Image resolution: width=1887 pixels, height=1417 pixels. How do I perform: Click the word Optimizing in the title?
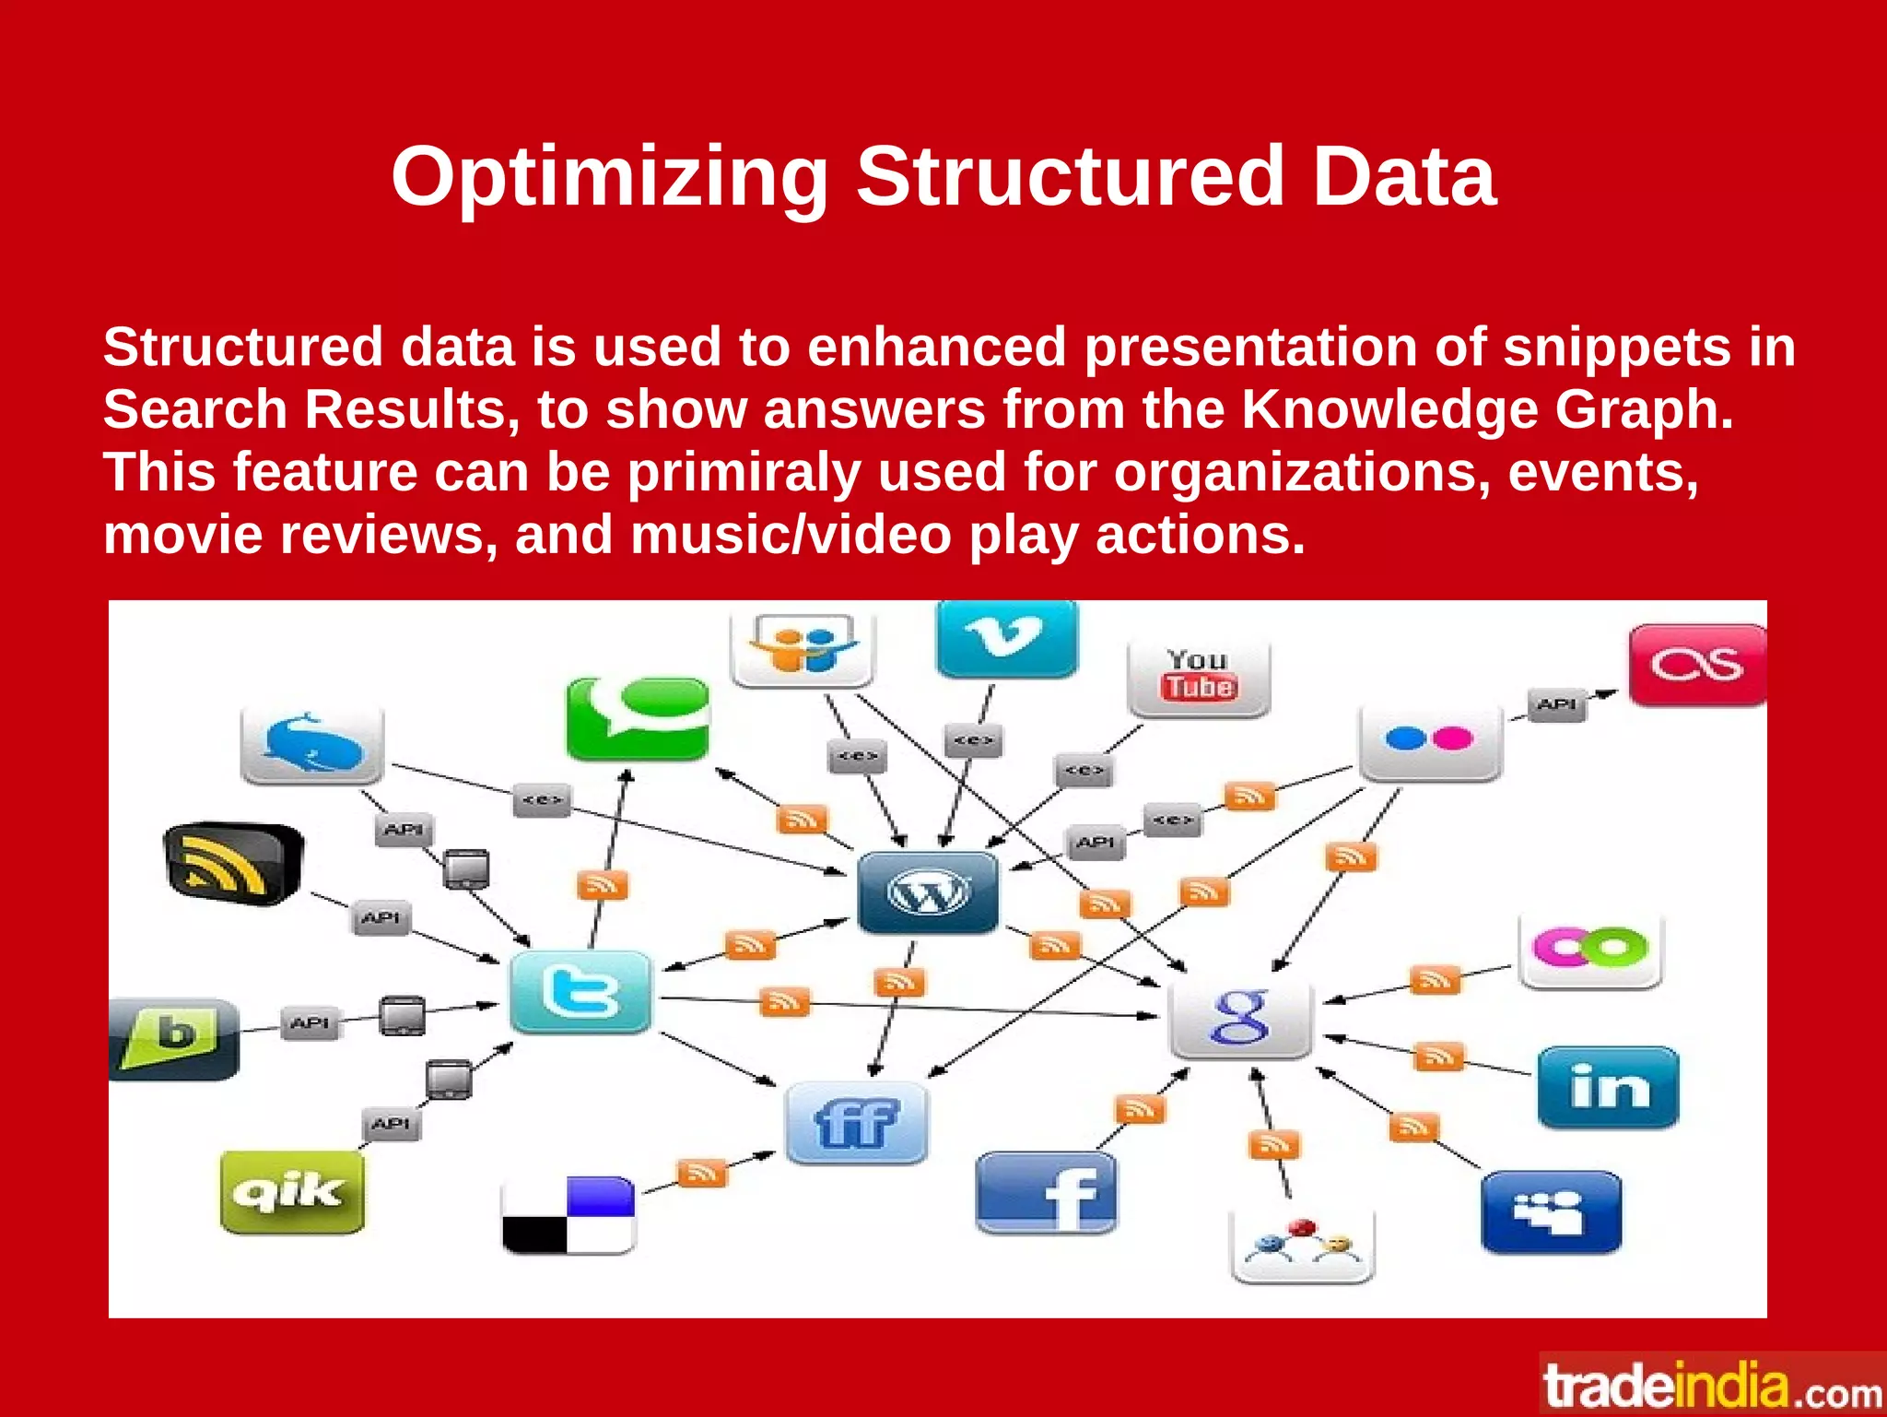click(x=609, y=178)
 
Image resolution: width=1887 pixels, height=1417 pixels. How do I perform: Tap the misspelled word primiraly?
click(x=744, y=472)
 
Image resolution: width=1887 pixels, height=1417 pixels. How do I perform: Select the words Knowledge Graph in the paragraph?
click(x=1486, y=409)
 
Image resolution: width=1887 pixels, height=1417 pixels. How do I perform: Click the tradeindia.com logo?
click(x=1713, y=1386)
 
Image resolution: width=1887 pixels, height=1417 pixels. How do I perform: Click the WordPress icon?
click(x=927, y=892)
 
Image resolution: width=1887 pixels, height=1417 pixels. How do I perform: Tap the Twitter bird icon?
click(x=580, y=993)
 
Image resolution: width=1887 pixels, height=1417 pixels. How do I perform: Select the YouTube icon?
click(x=1198, y=677)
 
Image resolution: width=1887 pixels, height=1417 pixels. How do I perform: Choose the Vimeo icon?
click(x=1006, y=638)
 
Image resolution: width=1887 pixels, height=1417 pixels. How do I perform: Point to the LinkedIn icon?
click(x=1608, y=1087)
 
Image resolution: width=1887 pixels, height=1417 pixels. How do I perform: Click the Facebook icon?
click(x=1046, y=1193)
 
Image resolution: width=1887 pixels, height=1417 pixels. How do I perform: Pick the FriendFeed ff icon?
click(x=856, y=1122)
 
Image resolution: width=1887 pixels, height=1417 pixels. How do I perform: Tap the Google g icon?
click(x=1239, y=1018)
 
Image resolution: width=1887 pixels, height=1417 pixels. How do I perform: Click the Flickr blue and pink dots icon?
click(x=1430, y=741)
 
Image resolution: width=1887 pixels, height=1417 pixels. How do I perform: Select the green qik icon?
click(x=292, y=1192)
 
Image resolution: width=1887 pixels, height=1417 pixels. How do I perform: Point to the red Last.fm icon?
click(x=1696, y=665)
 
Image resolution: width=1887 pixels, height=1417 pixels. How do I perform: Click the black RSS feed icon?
click(x=232, y=863)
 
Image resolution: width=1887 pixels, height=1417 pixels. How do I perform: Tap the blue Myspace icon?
click(x=1551, y=1211)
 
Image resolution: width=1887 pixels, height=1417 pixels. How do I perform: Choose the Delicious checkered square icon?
click(x=568, y=1215)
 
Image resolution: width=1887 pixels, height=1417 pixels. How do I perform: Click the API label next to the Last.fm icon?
click(x=1556, y=704)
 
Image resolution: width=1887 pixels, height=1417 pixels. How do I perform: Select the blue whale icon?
click(x=311, y=745)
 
